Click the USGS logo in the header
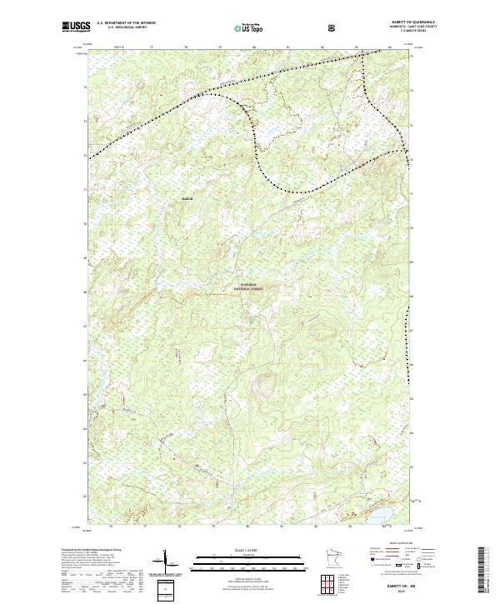coord(77,27)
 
